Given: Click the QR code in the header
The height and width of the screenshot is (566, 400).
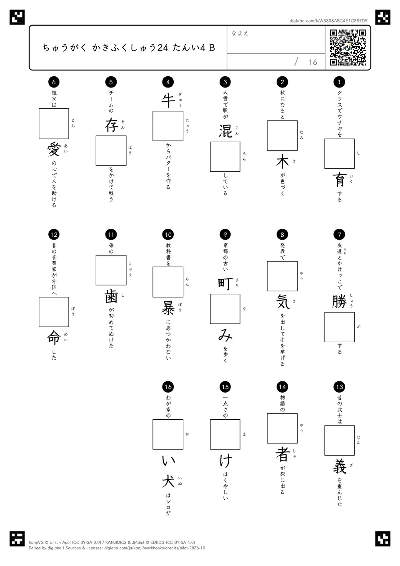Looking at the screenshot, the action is click(348, 48).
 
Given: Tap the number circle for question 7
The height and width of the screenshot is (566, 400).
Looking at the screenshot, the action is click(339, 235).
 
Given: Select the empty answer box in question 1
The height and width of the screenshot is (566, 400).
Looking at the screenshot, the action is click(340, 154).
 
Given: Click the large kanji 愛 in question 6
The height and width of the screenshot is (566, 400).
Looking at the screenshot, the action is click(54, 149).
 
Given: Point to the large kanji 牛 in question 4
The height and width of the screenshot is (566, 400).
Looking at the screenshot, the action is click(168, 100).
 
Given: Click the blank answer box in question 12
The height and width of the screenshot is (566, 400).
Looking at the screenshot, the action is click(54, 312).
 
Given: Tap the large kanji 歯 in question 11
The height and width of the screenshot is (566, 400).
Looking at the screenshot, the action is click(111, 296).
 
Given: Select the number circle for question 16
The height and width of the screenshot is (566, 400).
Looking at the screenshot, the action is click(168, 387).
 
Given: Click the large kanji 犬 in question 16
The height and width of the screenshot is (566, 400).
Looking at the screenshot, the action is click(168, 481).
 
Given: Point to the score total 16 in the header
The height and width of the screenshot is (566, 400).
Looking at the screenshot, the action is click(313, 62).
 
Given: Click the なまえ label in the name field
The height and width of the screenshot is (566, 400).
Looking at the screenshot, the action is click(240, 33).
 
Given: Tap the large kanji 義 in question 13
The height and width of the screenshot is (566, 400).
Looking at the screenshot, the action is click(340, 466).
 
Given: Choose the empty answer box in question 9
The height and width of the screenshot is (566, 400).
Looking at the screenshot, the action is click(225, 309).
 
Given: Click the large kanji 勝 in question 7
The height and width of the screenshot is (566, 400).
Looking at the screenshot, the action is click(340, 302).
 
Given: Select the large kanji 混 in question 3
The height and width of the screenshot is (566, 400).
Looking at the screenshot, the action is click(225, 131).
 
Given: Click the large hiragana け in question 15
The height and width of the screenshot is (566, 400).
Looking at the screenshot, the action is click(225, 461).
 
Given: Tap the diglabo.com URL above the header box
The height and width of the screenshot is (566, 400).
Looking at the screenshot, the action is click(328, 21).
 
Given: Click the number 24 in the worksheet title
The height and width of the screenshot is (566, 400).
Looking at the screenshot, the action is click(163, 48).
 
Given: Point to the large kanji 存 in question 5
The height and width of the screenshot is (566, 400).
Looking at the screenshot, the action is click(111, 125).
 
